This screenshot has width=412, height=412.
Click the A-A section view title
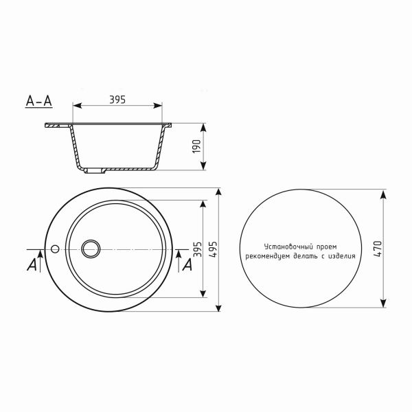[x=38, y=101]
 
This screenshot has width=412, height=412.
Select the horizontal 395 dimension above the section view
[x=117, y=100]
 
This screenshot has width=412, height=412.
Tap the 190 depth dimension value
[x=196, y=147]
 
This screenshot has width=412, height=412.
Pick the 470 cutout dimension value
[x=377, y=249]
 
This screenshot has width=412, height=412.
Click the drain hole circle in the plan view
[x=91, y=248]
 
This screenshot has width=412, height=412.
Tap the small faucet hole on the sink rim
[x=55, y=248]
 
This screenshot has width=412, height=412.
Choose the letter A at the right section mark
[x=185, y=264]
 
